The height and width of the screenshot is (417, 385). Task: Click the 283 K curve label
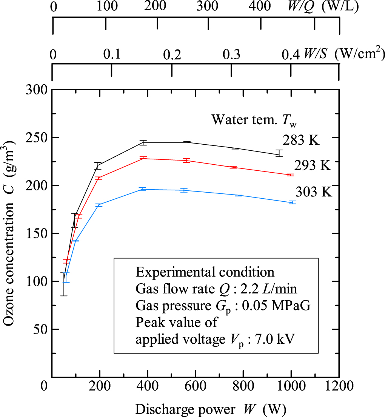click(x=301, y=141)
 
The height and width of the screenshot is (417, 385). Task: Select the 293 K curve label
click(x=313, y=165)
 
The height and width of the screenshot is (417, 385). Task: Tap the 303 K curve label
click(x=314, y=192)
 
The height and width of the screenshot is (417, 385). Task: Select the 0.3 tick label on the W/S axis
click(x=231, y=55)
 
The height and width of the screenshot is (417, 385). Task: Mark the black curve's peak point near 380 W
click(x=143, y=142)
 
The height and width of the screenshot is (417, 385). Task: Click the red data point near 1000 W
click(x=290, y=175)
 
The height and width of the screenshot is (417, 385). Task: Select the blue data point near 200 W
click(x=100, y=205)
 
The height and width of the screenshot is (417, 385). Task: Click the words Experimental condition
click(x=205, y=272)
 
